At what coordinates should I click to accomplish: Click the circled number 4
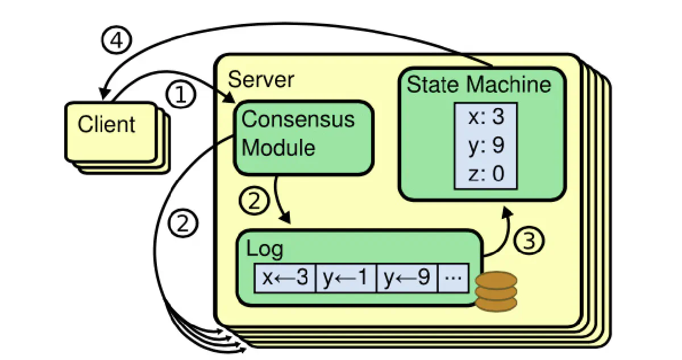117,40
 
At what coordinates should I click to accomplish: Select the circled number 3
529,241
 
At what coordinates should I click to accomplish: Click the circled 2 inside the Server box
254,200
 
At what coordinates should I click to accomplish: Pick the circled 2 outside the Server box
183,224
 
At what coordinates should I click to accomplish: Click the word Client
106,124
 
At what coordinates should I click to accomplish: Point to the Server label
261,80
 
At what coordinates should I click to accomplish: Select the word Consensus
298,119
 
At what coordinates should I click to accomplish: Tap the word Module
278,148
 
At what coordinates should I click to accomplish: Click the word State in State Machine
433,84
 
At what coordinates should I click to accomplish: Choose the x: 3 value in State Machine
486,117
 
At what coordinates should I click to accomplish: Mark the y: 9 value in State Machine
486,145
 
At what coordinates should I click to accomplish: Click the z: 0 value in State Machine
486,173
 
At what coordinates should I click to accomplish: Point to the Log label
264,250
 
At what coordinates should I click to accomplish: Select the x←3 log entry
285,278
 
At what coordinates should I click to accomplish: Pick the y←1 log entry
346,278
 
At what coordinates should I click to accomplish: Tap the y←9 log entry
407,278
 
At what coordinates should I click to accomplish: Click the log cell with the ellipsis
454,278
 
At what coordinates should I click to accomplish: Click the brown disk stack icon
496,291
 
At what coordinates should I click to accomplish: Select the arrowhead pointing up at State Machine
507,212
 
